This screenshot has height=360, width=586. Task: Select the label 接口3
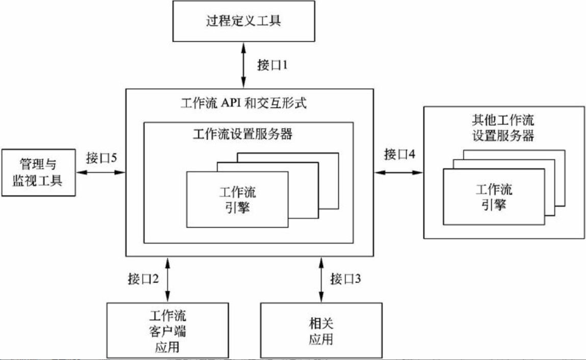347,279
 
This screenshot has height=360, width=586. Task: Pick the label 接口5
101,158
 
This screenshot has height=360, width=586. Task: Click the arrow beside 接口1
244,65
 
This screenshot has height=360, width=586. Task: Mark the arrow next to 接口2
167,279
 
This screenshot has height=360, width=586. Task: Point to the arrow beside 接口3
321,279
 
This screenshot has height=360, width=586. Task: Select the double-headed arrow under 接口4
398,173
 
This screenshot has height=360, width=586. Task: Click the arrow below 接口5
101,173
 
